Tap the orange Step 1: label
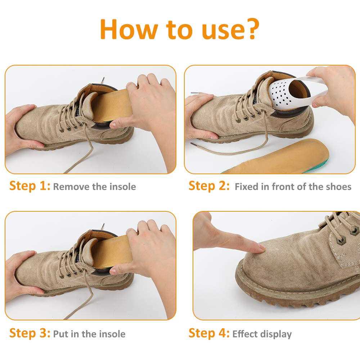point(30,186)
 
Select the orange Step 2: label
point(209,186)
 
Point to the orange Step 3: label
point(30,333)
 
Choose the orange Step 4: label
point(209,333)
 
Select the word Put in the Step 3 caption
point(60,334)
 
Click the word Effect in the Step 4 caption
point(245,334)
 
